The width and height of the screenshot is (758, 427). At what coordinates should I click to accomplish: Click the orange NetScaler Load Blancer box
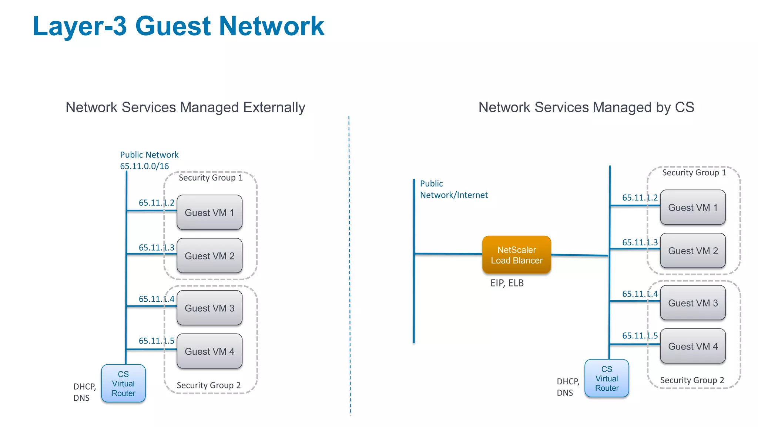pyautogui.click(x=516, y=255)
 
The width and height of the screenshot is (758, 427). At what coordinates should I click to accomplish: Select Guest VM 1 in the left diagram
pyautogui.click(x=209, y=213)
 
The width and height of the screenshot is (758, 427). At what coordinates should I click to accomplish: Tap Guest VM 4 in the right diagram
pyautogui.click(x=692, y=346)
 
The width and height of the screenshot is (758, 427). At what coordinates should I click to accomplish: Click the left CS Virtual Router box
pyautogui.click(x=123, y=384)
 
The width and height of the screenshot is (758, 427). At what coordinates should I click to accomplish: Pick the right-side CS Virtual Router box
pyautogui.click(x=607, y=378)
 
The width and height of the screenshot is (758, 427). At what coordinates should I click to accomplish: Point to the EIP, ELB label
pyautogui.click(x=507, y=283)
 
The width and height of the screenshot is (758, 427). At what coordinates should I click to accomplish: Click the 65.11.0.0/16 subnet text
pyautogui.click(x=144, y=166)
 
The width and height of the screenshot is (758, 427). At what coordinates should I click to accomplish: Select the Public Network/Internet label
pyautogui.click(x=453, y=189)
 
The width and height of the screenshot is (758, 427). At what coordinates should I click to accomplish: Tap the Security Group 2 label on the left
pyautogui.click(x=208, y=385)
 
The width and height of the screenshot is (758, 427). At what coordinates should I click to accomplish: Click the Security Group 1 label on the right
pyautogui.click(x=694, y=173)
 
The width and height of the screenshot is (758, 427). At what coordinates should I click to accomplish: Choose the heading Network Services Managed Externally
pyautogui.click(x=185, y=107)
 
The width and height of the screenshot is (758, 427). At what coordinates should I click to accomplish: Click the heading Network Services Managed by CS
pyautogui.click(x=586, y=107)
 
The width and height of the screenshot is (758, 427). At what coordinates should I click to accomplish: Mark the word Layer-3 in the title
pyautogui.click(x=80, y=26)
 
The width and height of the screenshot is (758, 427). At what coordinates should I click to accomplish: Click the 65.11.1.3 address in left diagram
pyautogui.click(x=156, y=247)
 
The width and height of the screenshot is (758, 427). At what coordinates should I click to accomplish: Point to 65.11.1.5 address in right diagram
pyautogui.click(x=640, y=336)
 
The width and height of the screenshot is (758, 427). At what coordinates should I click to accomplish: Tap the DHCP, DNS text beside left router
pyautogui.click(x=84, y=392)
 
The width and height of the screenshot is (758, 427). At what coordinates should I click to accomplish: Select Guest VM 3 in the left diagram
pyautogui.click(x=209, y=308)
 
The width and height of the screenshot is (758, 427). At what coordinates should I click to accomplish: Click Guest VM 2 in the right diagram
pyautogui.click(x=692, y=251)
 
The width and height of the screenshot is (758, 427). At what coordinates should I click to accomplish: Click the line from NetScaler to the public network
pyautogui.click(x=448, y=254)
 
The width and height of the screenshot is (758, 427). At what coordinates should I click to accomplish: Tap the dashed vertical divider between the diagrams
pyautogui.click(x=349, y=259)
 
